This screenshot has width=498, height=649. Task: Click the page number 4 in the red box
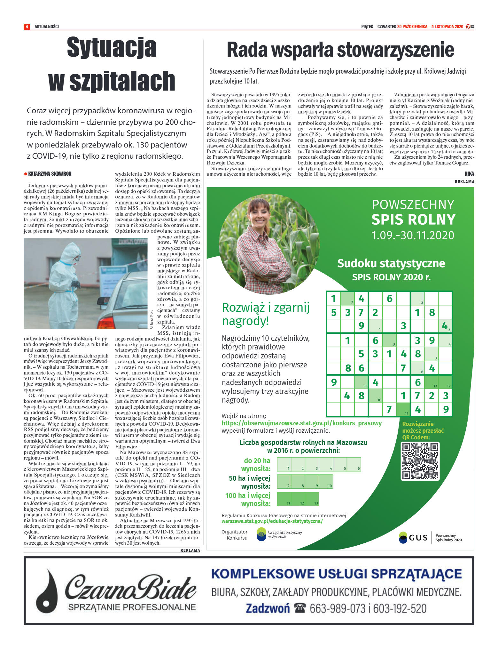27,27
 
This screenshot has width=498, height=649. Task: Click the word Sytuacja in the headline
112,48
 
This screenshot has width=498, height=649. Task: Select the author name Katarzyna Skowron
50,174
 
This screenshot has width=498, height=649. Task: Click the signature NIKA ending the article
469,174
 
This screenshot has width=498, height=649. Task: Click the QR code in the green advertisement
420,461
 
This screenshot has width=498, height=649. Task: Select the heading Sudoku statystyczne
391,263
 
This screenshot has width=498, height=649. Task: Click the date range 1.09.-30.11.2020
412,235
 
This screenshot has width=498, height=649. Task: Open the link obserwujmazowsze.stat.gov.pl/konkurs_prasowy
301,423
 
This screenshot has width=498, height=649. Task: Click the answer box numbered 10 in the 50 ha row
326,482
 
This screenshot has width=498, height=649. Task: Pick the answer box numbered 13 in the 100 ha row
312,499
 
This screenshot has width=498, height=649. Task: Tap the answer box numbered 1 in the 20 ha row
284,464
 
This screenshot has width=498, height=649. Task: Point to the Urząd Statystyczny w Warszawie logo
262,534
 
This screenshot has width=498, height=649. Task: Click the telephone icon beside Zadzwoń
300,608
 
